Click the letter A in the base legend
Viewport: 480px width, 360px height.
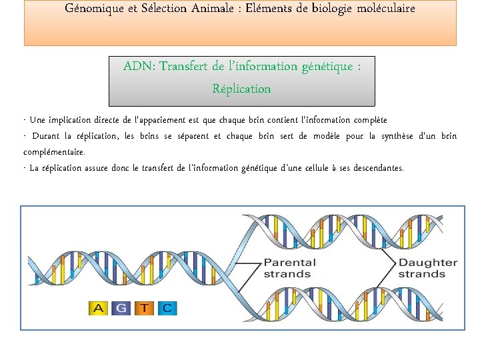(x=98, y=308)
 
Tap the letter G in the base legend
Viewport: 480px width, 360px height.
(x=121, y=308)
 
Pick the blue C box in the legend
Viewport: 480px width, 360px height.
(x=167, y=308)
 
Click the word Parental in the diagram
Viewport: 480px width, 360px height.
(x=290, y=262)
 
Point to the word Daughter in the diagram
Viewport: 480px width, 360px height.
(x=428, y=262)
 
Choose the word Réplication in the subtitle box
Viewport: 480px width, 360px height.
(x=241, y=89)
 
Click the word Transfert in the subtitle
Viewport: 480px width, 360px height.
(x=185, y=67)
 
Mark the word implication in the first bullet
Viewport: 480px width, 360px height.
(x=74, y=120)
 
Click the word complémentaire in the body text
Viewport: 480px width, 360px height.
(x=54, y=152)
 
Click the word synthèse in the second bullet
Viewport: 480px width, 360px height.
(x=397, y=136)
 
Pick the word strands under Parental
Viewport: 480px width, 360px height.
(x=287, y=274)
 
